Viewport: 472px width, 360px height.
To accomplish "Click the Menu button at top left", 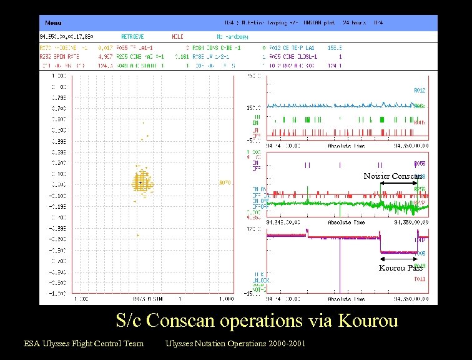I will [x=53, y=23].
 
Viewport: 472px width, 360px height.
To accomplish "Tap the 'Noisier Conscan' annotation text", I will [x=393, y=176].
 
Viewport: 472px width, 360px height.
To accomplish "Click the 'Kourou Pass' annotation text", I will [x=400, y=267].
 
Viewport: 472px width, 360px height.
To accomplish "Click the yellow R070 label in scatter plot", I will [x=224, y=183].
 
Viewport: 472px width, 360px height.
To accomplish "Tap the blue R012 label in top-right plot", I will [x=420, y=91].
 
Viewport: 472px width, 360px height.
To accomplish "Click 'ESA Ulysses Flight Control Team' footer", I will [x=84, y=343].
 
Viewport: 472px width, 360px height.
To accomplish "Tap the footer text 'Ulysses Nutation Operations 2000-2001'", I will [x=235, y=343].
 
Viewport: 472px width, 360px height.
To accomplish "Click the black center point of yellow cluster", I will [x=143, y=182].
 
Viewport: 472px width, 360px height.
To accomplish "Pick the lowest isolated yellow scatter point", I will [x=138, y=235].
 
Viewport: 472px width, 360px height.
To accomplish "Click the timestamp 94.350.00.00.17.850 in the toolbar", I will [x=66, y=37].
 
